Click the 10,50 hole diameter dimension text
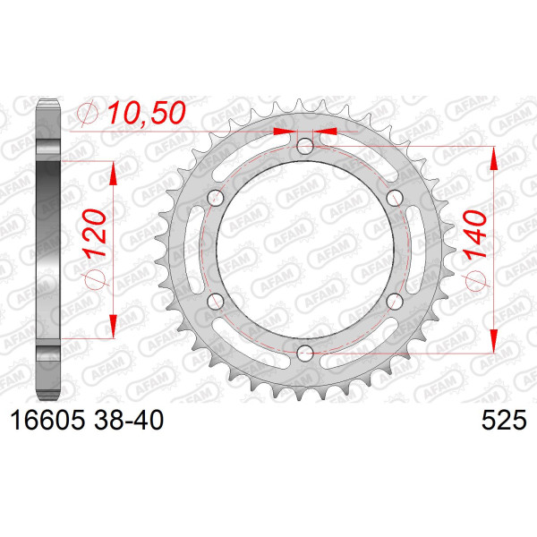[x=148, y=113]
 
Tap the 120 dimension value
[x=95, y=233]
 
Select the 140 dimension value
[x=475, y=234]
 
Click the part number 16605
[x=47, y=420]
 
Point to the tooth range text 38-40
[x=129, y=420]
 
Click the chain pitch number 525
[x=504, y=420]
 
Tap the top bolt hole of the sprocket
[x=305, y=146]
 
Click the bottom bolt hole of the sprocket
[x=305, y=354]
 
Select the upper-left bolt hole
[x=216, y=198]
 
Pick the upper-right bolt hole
[x=395, y=198]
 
